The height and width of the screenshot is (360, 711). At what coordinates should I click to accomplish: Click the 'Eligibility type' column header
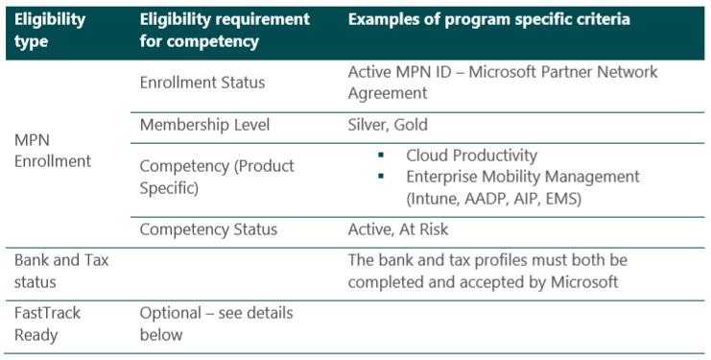[50, 31]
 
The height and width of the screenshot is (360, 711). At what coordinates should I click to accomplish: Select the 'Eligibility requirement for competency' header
[225, 31]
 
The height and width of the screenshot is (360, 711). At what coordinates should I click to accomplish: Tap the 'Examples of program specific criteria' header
[488, 19]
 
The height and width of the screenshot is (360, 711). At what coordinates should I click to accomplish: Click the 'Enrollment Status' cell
[202, 83]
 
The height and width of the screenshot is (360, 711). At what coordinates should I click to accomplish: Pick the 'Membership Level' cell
[204, 125]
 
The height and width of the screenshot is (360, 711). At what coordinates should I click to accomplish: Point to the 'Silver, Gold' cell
[388, 125]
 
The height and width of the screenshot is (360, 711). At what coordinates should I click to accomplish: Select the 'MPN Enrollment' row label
[53, 151]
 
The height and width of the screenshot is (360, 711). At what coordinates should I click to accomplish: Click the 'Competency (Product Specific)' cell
[217, 177]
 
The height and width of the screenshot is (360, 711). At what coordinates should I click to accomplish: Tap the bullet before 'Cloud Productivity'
[381, 156]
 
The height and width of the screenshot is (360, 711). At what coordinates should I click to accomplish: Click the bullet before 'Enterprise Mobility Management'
[381, 177]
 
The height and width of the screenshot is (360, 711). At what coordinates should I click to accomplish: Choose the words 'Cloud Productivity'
[471, 156]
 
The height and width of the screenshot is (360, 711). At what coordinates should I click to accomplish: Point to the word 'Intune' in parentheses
[434, 199]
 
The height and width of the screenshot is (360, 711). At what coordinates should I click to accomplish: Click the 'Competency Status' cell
[208, 229]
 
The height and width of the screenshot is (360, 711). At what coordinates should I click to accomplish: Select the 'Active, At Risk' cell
[397, 229]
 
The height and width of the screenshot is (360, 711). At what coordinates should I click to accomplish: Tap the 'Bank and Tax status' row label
[61, 271]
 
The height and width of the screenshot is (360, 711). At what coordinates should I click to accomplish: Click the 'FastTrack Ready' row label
[47, 324]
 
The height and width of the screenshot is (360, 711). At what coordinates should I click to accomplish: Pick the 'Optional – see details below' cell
[216, 324]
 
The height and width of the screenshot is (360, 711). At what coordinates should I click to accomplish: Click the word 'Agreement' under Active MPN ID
[388, 94]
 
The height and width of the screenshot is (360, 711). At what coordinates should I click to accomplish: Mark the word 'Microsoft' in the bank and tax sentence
[584, 281]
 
